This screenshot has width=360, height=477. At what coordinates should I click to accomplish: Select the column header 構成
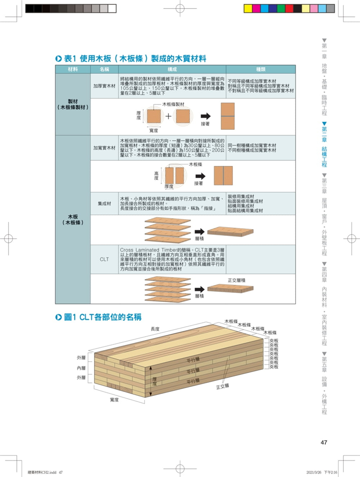171,70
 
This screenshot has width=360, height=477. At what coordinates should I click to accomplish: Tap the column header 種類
262,70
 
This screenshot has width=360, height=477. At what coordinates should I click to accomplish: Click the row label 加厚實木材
104,86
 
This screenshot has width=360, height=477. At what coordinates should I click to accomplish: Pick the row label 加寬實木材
104,147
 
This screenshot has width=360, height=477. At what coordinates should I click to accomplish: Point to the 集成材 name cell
104,203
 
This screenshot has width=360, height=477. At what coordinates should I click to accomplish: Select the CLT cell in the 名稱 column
104,259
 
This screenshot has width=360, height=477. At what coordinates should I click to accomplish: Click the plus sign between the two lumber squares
168,116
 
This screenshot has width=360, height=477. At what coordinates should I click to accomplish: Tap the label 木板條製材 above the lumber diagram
173,104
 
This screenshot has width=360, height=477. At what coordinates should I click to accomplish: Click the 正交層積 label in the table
237,280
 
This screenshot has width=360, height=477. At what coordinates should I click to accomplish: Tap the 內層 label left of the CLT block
81,368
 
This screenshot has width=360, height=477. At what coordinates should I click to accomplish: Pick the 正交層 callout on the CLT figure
222,386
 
